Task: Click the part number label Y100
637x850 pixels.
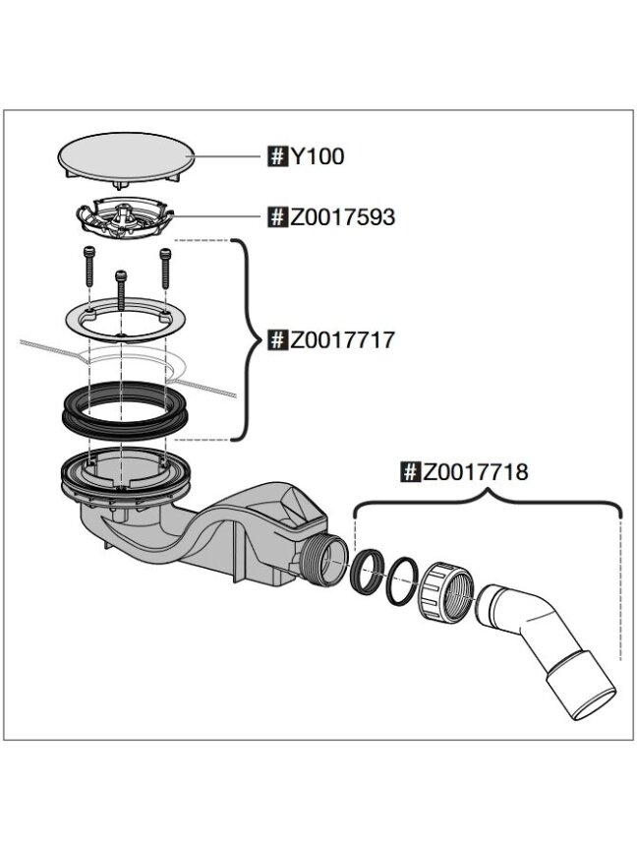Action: point(317,156)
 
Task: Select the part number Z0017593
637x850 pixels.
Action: point(342,217)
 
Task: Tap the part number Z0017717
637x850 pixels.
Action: point(342,340)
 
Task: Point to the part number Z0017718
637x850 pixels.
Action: point(475,471)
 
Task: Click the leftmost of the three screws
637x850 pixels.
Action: point(89,267)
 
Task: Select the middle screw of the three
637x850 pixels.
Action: point(121,290)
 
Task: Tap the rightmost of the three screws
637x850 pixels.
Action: point(165,269)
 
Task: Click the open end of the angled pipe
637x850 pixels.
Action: point(594,702)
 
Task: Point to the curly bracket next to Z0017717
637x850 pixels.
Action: point(248,340)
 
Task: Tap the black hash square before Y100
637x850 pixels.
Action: point(277,156)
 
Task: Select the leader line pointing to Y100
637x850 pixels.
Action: point(223,157)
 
